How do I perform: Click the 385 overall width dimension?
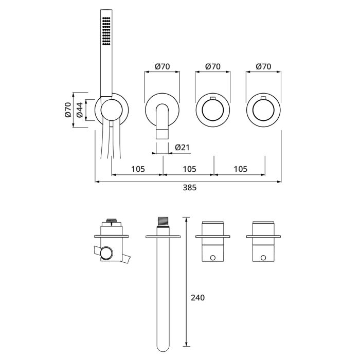click(190, 188)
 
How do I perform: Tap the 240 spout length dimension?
click(198, 297)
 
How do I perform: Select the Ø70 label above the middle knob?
click(213, 66)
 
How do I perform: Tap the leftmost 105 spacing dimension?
click(137, 169)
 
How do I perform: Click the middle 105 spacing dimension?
click(189, 169)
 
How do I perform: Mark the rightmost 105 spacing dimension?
click(240, 169)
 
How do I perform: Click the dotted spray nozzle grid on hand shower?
click(106, 31)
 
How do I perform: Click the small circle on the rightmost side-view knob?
click(263, 257)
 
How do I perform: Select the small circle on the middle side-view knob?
click(213, 257)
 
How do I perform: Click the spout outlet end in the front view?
click(163, 134)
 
